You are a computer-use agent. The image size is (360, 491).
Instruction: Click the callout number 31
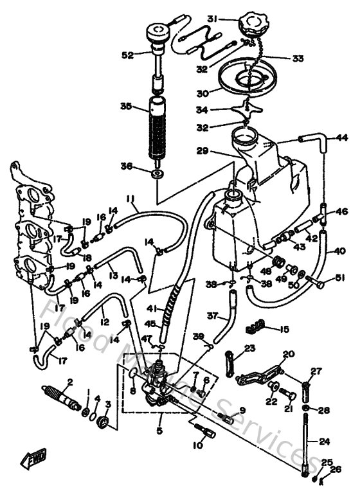tap(213, 18)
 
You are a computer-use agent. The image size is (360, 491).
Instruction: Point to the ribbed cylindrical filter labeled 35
tap(157, 128)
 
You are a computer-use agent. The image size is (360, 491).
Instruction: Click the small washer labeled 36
tap(157, 174)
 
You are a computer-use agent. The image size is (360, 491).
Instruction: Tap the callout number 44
tap(341, 138)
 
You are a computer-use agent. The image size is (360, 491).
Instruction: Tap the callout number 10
tap(197, 445)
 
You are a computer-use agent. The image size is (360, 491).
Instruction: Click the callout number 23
tap(249, 348)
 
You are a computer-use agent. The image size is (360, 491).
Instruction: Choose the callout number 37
tap(213, 316)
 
